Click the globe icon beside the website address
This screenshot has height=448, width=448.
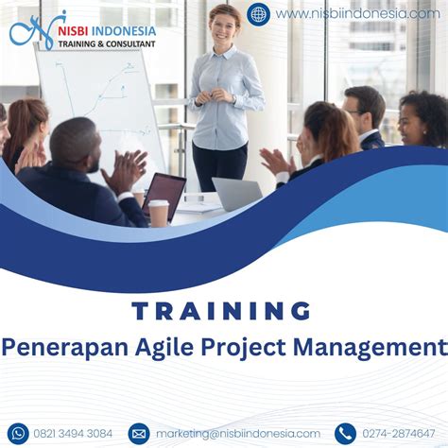pos(258,14)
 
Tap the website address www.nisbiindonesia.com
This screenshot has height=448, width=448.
pos(357,14)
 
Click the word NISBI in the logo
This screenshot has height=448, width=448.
pos(73,31)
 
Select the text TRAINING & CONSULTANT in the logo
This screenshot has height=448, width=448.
pos(107,44)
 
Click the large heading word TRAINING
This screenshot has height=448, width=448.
pos(221,311)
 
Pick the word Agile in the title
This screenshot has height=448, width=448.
pos(164,348)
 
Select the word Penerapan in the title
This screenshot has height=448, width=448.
pos(65,348)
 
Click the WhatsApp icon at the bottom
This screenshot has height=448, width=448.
pos(18,434)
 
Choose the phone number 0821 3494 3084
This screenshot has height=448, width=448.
pos(73,434)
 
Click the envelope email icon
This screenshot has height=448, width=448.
pos(139,434)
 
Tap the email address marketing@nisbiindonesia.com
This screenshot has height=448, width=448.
pos(238,434)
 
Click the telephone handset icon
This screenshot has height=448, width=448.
pos(346,434)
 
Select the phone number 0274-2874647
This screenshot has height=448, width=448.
pos(398,434)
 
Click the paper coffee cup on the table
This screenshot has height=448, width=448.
pos(159,213)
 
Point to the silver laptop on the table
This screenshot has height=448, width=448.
pos(237,194)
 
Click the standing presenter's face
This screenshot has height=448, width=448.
pos(225,26)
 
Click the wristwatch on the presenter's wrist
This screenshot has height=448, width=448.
pos(233,99)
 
